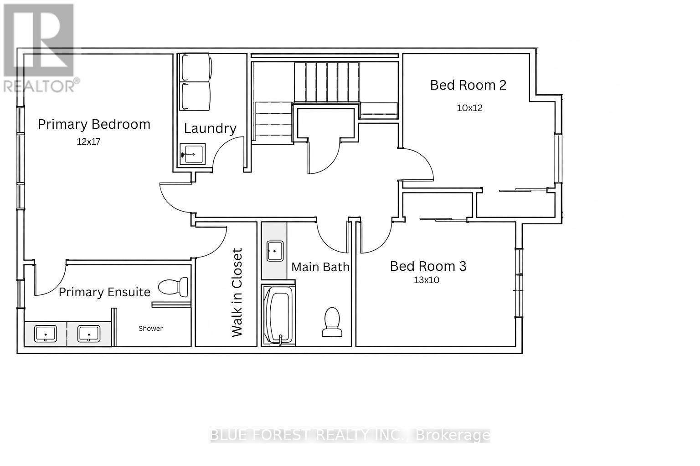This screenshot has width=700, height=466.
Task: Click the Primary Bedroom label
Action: [94, 124]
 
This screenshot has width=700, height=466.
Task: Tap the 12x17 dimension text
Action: [88, 142]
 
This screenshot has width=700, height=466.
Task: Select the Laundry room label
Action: [210, 128]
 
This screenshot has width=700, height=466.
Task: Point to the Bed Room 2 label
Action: [468, 85]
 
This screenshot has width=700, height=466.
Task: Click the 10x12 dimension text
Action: [469, 108]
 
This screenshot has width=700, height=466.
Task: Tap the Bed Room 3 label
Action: [428, 266]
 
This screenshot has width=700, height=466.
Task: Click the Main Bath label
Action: [320, 267]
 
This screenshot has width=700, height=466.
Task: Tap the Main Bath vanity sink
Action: [275, 251]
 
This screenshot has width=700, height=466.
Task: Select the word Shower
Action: [150, 329]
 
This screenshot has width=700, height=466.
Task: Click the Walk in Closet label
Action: [237, 293]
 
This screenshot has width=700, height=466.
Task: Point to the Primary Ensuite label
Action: [104, 292]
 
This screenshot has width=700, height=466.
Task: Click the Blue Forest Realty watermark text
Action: [350, 436]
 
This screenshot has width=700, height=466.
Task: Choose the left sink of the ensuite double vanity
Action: [46, 333]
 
